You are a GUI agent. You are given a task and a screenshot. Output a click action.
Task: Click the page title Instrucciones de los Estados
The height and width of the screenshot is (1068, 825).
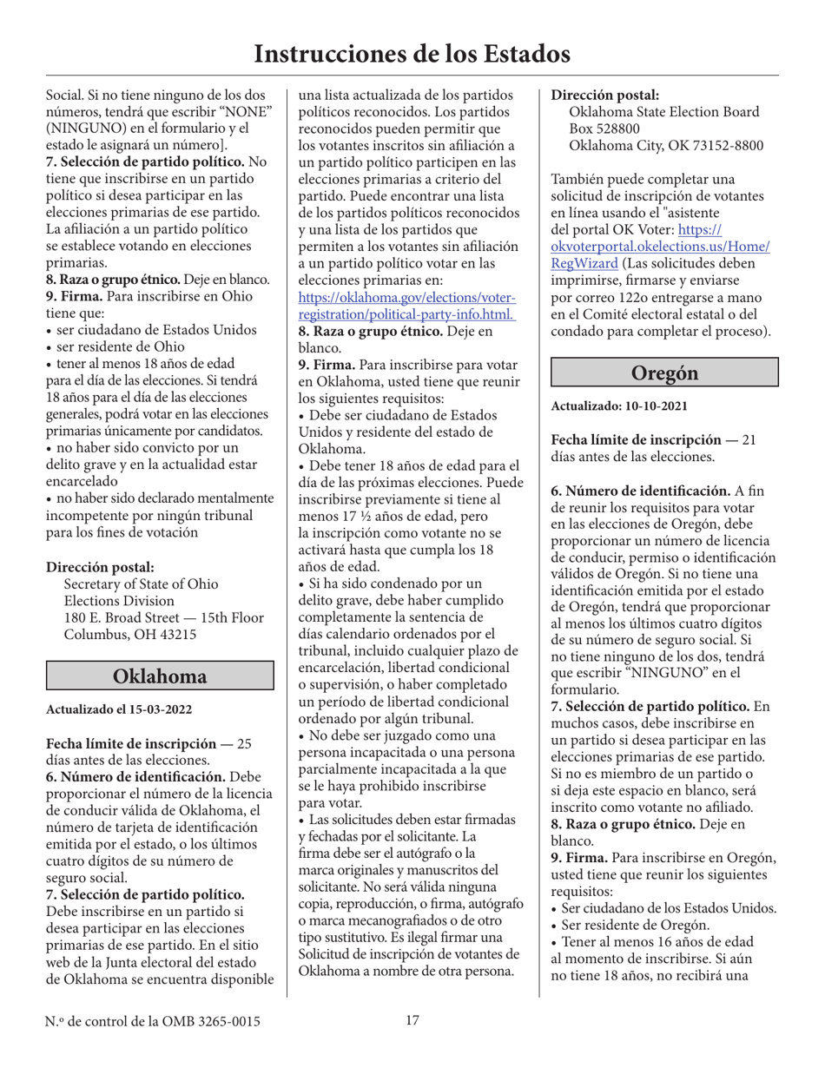pyautogui.click(x=412, y=54)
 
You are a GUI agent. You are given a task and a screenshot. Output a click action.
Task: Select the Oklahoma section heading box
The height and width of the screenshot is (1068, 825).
pyautogui.click(x=160, y=676)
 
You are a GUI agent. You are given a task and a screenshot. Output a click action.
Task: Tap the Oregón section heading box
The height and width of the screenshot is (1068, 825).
pyautogui.click(x=664, y=372)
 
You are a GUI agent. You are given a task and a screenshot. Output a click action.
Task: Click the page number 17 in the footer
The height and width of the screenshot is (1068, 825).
pyautogui.click(x=412, y=1020)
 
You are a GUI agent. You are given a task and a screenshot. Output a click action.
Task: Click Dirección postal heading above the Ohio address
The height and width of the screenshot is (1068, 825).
pyautogui.click(x=99, y=567)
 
